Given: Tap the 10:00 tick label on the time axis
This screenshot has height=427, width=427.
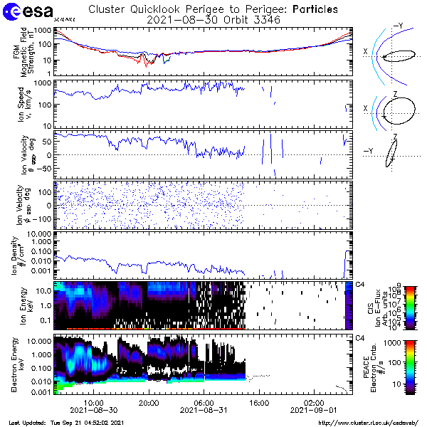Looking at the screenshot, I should pos(94,403).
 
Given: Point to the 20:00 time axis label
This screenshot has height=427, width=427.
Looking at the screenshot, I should pos(149,403).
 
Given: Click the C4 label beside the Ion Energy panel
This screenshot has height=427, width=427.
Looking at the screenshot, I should pos(359,284).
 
